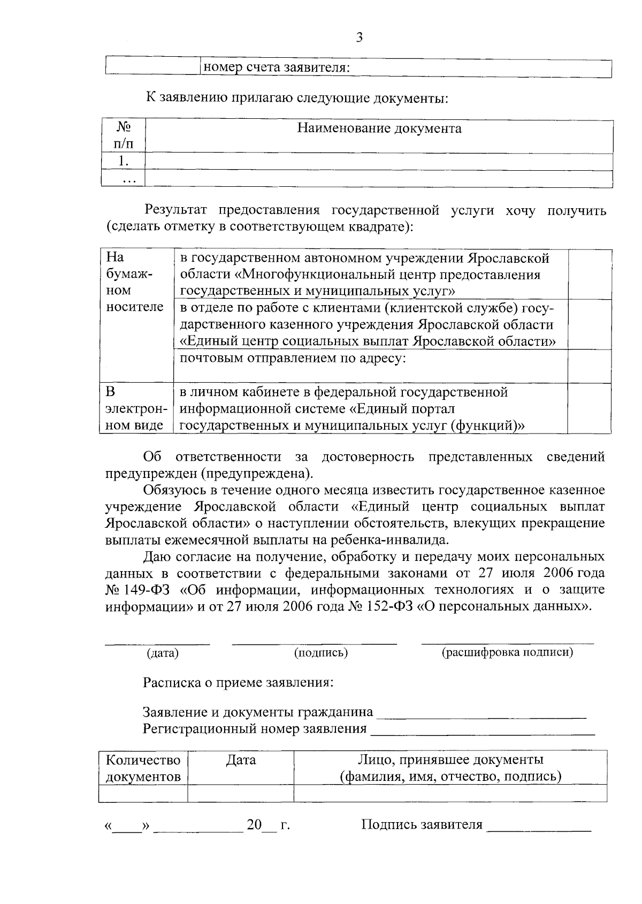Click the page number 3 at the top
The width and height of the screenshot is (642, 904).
coord(360,37)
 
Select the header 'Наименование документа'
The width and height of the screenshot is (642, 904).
coord(379,128)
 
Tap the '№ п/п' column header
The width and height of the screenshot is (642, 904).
coord(123,135)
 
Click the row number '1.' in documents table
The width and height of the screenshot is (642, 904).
coord(123,161)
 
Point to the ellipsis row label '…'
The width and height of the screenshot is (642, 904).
coord(128,180)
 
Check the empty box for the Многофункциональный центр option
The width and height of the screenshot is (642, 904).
coord(590,274)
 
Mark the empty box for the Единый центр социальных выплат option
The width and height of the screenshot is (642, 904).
coord(590,324)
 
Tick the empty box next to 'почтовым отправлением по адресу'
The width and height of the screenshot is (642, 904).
coord(590,366)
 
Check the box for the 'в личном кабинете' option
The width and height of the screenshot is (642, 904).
coord(590,408)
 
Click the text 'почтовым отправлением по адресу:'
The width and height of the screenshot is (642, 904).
coord(293,358)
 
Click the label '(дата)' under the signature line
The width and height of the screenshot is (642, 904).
coord(163,653)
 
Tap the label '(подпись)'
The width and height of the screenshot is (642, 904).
coord(321,652)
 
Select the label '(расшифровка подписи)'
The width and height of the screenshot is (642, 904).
coord(507,652)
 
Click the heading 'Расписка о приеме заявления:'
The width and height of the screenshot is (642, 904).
coord(239,682)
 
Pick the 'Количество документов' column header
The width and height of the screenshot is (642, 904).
coord(143,768)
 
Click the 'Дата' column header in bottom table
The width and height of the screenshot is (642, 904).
coord(241,760)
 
